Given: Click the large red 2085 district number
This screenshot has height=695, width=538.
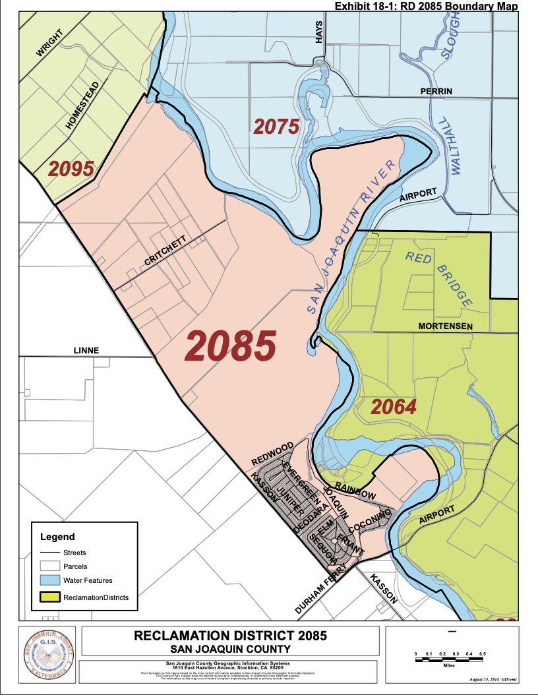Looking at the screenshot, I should (231, 345).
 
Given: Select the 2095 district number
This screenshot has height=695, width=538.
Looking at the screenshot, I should (71, 169).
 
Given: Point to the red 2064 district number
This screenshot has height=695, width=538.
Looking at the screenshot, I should (394, 407).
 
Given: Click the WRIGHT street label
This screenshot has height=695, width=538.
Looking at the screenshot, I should (49, 44).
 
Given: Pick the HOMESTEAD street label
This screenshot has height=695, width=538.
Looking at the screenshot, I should (82, 105).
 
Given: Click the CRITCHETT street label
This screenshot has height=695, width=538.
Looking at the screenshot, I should (165, 251).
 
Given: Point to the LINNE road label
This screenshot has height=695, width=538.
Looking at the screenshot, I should (86, 350).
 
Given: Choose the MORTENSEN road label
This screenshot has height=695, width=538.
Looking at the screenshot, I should (445, 326).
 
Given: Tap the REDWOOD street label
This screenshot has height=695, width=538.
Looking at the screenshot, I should (272, 454).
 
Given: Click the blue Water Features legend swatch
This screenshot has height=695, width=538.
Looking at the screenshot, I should (49, 581).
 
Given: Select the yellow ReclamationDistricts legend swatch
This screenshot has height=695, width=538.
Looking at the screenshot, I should (49, 597).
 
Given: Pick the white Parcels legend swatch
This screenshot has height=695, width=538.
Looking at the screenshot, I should (49, 566).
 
